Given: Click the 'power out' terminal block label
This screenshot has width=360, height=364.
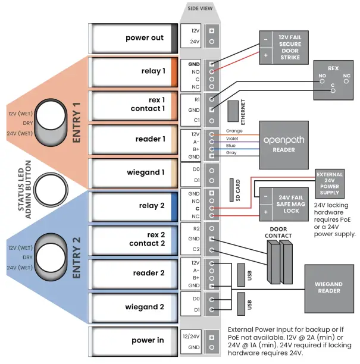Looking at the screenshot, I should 144,38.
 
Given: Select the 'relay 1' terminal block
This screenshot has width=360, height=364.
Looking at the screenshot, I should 133,71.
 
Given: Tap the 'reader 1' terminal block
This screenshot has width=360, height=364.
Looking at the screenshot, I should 133,139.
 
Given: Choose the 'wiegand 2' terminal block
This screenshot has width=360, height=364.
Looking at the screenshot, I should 133,307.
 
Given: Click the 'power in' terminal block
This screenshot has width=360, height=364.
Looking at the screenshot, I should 133,341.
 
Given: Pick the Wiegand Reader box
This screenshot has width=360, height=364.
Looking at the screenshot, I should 328,287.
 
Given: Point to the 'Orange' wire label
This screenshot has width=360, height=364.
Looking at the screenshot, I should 234,131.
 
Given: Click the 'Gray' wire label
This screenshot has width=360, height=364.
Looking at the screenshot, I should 231,153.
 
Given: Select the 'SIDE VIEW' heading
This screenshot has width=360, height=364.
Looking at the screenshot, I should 201,8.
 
